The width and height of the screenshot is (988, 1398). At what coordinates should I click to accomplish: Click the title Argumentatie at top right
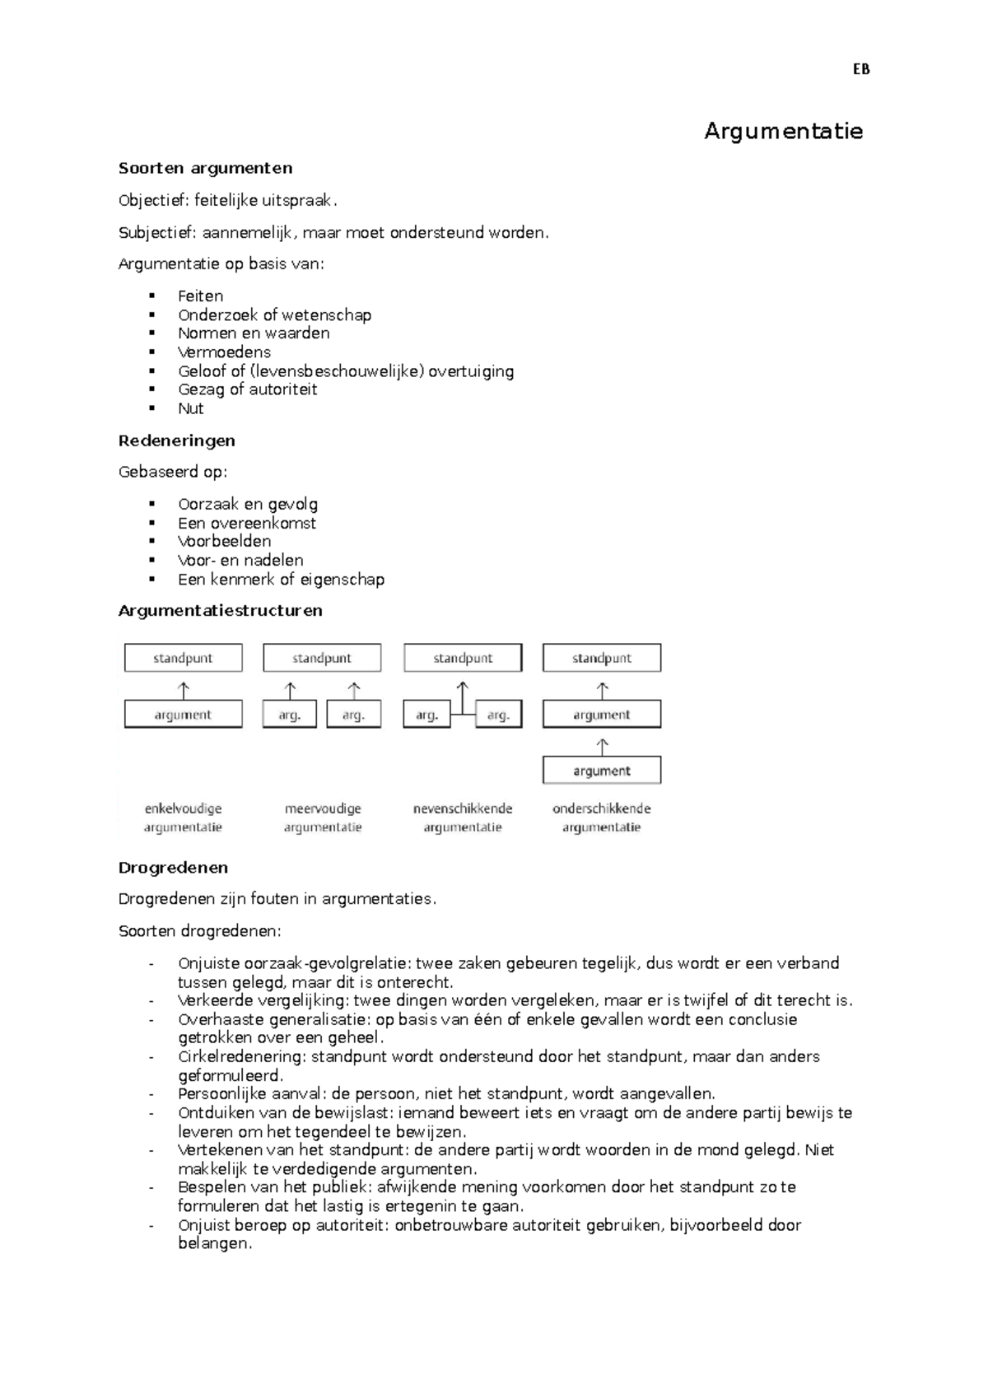[783, 131]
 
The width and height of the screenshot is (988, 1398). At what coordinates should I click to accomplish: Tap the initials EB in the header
[861, 70]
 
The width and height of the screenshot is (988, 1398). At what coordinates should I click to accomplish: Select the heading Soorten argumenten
[205, 168]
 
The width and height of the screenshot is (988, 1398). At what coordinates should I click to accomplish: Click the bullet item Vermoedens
[224, 352]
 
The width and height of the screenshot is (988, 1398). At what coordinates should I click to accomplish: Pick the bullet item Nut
[190, 408]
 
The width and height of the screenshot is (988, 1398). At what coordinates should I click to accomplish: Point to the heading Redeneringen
[177, 440]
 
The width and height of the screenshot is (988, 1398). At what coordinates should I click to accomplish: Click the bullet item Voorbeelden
[224, 541]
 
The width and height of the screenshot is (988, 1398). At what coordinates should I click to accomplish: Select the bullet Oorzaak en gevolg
[247, 504]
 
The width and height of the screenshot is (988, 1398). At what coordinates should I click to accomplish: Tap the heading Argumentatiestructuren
[220, 611]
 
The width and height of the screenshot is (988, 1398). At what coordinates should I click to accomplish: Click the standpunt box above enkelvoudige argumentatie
[183, 658]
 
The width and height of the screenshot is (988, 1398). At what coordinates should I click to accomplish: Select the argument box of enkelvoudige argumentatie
[183, 715]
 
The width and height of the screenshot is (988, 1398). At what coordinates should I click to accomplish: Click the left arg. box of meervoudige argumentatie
[289, 715]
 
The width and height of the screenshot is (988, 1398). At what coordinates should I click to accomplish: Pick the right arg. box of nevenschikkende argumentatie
[498, 715]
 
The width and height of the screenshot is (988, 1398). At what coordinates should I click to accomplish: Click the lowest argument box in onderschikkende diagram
[602, 771]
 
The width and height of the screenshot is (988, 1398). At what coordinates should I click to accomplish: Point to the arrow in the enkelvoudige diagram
[184, 689]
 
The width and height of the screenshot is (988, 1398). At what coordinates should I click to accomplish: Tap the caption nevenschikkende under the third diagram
[463, 809]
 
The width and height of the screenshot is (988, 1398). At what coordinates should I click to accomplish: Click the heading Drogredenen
[173, 868]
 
